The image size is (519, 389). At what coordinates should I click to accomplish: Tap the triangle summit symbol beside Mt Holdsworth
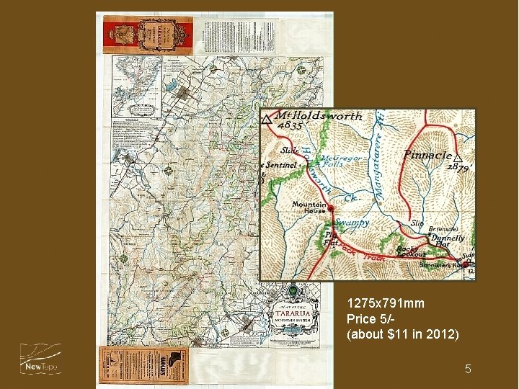[267, 120]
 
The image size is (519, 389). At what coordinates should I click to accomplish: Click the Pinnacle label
[428, 155]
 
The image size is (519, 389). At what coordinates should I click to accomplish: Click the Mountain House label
[309, 207]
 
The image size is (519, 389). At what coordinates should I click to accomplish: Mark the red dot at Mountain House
[332, 210]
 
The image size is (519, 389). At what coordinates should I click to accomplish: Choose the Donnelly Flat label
[448, 241]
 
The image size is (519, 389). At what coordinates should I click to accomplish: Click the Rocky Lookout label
[412, 252]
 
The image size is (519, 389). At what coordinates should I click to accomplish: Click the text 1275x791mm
[385, 304]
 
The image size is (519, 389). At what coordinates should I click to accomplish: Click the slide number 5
[468, 370]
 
